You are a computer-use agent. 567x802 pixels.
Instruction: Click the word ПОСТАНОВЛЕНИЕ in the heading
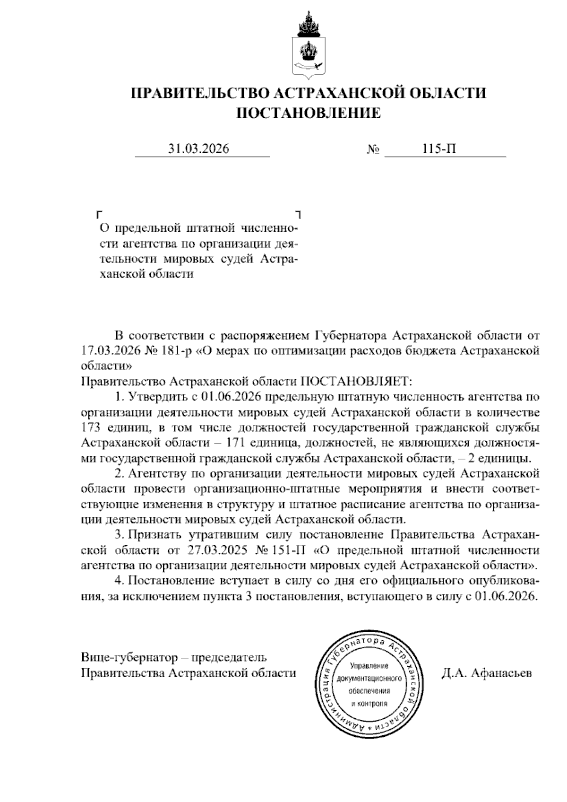pyautogui.click(x=308, y=113)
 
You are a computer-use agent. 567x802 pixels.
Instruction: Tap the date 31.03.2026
pyautogui.click(x=199, y=149)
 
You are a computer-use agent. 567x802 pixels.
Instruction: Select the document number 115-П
pyautogui.click(x=439, y=149)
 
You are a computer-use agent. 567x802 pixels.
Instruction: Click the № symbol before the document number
pyautogui.click(x=373, y=150)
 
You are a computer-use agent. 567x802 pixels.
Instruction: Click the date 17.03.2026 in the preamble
pyautogui.click(x=106, y=351)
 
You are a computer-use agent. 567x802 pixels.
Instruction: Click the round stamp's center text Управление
pyautogui.click(x=369, y=666)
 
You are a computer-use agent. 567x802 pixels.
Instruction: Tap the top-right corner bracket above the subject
pyautogui.click(x=298, y=214)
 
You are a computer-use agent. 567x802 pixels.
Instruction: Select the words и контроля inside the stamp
pyautogui.click(x=369, y=703)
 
